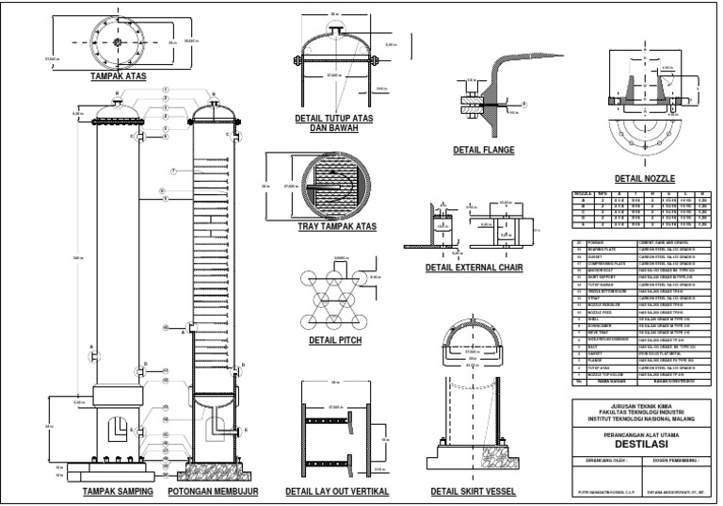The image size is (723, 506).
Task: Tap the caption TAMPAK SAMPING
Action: click(118, 492)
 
